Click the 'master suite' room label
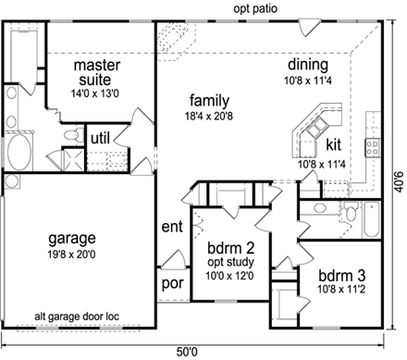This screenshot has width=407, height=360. (x=92, y=73)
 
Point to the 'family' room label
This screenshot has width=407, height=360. (x=210, y=100)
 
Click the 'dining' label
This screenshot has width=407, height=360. (x=307, y=65)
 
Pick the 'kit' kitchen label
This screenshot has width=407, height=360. (x=334, y=145)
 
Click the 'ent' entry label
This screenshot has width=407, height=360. (x=172, y=226)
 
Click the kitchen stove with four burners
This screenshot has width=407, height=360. (x=374, y=145)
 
